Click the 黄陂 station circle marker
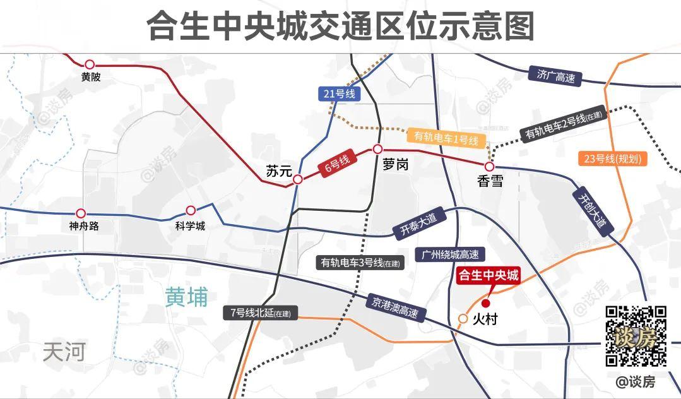[90, 64]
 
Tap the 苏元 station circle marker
[297, 179]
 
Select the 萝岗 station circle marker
[377, 149]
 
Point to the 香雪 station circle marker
[489, 167]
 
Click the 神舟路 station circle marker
[80, 213]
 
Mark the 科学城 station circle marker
[191, 210]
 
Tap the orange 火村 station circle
[463, 319]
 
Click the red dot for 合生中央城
[485, 302]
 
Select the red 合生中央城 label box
[489, 277]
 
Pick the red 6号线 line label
[337, 165]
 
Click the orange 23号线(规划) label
[613, 159]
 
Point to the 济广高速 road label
[556, 76]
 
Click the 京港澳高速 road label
[396, 306]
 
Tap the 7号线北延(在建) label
[261, 312]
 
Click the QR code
[636, 336]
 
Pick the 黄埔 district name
[186, 297]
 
